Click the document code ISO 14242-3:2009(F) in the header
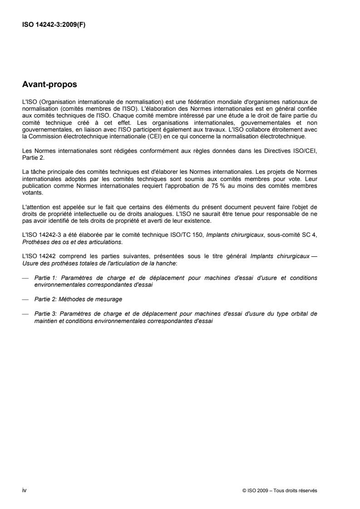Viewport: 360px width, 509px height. [x=54, y=25]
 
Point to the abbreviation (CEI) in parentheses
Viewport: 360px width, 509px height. [x=149, y=124]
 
